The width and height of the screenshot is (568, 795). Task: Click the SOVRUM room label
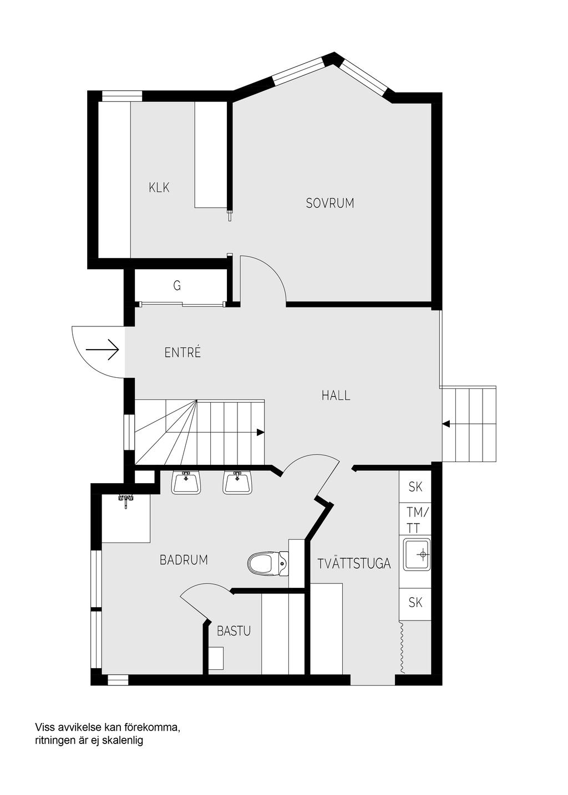[329, 203]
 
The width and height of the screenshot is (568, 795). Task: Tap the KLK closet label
[159, 187]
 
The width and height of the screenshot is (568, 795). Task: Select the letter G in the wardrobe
[176, 285]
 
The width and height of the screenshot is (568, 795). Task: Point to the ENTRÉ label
[182, 352]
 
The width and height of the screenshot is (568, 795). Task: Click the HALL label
[336, 396]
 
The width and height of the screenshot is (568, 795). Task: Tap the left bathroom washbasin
[186, 483]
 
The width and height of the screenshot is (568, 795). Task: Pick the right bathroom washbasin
[237, 483]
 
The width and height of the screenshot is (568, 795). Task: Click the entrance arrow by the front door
[103, 350]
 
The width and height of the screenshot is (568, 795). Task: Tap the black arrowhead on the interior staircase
[261, 432]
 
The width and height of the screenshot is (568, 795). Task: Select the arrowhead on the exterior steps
[446, 424]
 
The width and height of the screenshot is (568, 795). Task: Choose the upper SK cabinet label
[415, 487]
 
